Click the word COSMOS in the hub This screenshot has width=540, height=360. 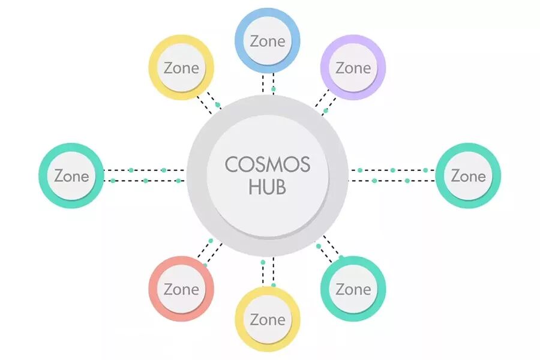point(268,164)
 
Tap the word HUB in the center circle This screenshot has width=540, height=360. point(268,187)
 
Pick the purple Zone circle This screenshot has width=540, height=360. point(353,68)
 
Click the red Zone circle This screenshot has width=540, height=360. point(181,289)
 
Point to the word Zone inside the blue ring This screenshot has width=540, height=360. point(267,42)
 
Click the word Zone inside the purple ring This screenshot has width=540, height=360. point(353,68)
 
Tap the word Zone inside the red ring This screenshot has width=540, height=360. point(181,289)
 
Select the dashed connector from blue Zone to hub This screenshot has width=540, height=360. point(268,85)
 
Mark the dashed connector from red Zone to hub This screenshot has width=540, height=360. point(208,253)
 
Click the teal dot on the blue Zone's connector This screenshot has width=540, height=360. point(274,89)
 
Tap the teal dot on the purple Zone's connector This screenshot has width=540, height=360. point(326,110)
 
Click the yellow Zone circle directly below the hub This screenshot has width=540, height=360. point(267,319)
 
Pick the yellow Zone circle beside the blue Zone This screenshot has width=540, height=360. point(181,68)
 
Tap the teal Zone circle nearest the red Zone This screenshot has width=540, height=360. point(353,289)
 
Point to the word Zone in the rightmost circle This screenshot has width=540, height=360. point(468,176)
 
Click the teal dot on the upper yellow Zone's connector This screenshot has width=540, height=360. point(218,105)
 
